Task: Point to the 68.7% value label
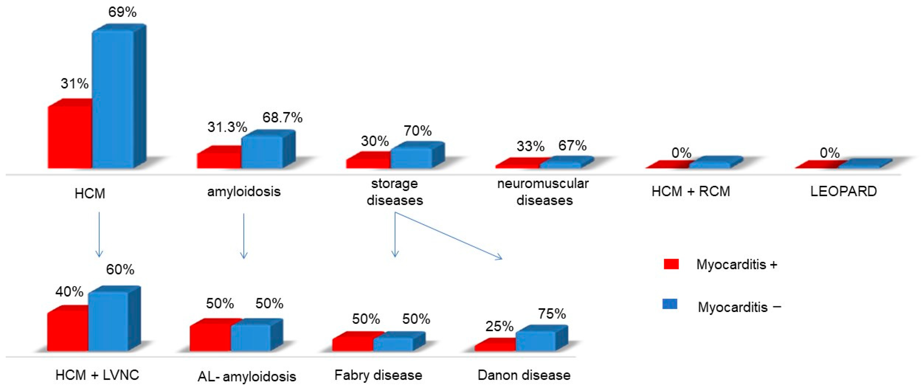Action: click(x=282, y=117)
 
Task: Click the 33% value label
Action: click(x=530, y=146)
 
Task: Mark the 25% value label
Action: click(x=499, y=326)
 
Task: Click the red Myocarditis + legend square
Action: click(x=671, y=264)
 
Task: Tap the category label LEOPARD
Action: click(x=843, y=192)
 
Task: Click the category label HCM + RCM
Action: click(x=690, y=192)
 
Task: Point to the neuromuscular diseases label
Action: click(x=543, y=192)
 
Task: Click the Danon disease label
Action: click(x=524, y=375)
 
